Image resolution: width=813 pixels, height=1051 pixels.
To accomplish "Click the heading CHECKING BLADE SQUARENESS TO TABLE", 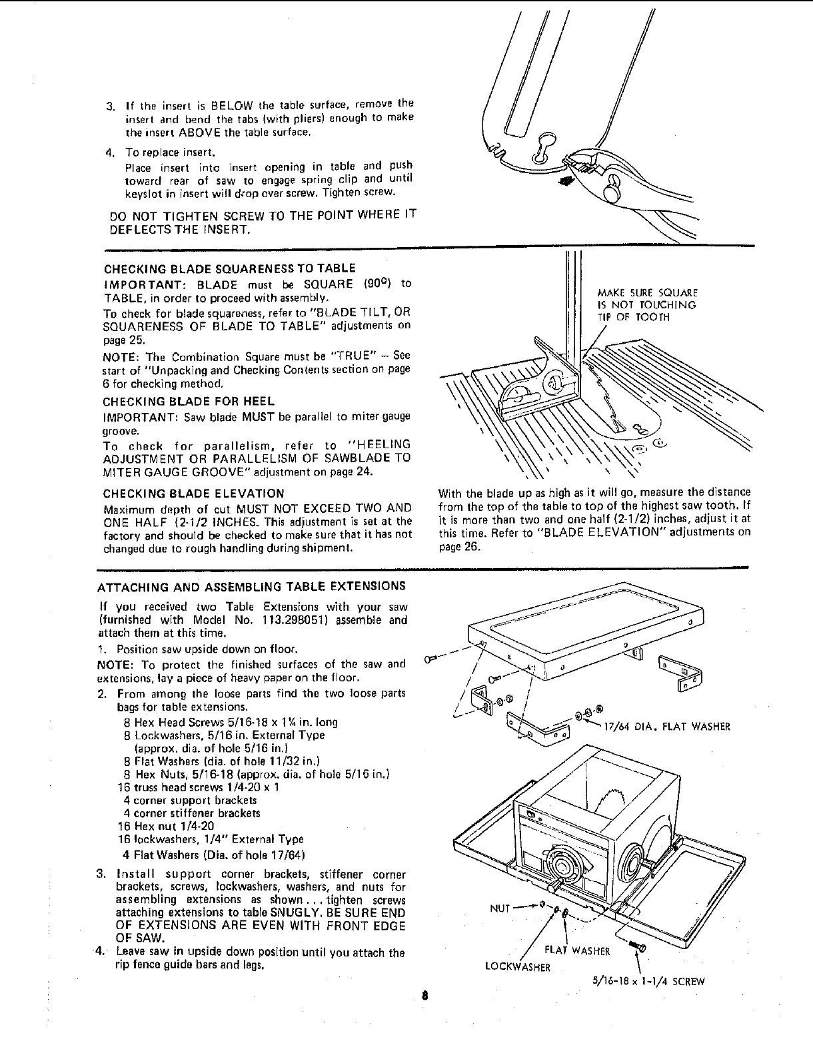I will click(x=230, y=268).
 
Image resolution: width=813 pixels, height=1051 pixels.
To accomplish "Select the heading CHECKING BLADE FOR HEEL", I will click(x=189, y=402).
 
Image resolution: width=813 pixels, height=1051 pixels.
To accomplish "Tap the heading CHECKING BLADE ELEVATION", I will click(x=194, y=494).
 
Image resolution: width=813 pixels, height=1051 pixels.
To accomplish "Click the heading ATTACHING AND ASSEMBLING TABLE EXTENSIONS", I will click(x=251, y=587).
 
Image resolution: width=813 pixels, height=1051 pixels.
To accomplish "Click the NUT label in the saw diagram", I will click(x=500, y=907).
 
